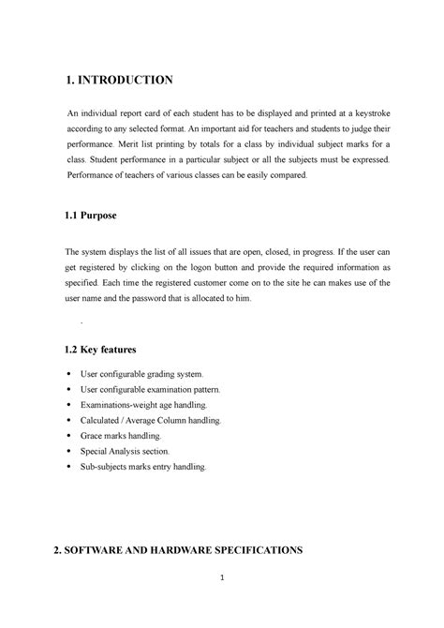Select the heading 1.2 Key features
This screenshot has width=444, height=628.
[100, 349]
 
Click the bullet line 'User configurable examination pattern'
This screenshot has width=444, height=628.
[156, 389]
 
